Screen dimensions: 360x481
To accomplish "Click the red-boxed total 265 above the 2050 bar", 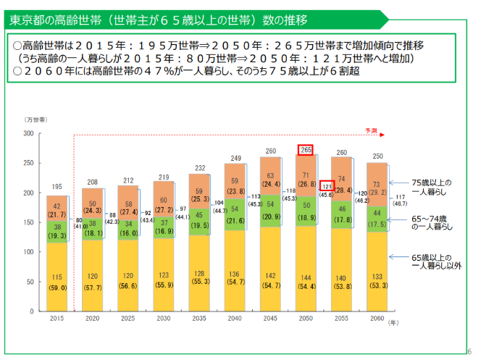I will [305, 150].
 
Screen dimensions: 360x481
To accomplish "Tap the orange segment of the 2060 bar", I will [376, 188].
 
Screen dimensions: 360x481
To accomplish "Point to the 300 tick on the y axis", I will [28, 134].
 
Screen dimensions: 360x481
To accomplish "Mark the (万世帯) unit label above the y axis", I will [35, 118].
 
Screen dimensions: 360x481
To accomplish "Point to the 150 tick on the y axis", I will [28, 223].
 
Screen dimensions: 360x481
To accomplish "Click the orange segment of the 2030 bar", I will [164, 195].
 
